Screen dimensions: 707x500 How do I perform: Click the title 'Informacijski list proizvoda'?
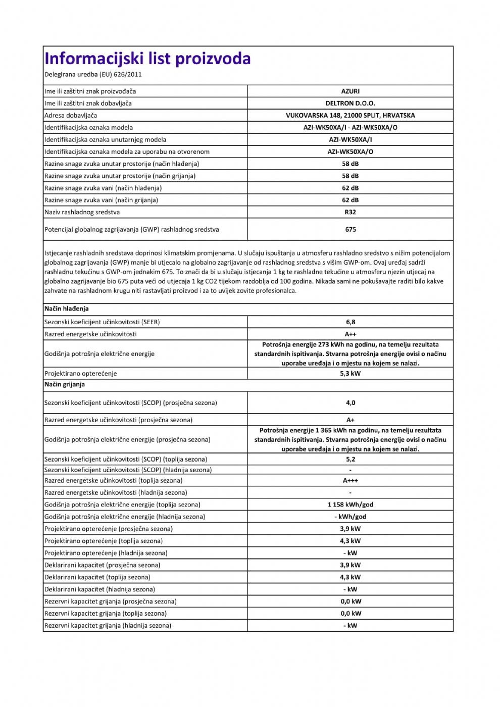[147, 59]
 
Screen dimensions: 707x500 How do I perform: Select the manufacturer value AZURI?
[351, 91]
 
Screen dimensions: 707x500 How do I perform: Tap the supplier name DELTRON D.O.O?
[351, 104]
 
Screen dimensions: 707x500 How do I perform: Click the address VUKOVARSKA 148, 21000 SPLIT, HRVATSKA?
[351, 116]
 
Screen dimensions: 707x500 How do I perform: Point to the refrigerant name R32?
[351, 213]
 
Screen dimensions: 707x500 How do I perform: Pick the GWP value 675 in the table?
[351, 230]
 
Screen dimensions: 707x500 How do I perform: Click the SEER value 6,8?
[351, 322]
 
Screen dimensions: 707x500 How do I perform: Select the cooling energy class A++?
[351, 334]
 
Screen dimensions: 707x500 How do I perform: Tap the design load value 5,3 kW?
[351, 374]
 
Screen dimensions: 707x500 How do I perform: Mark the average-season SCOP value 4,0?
[351, 403]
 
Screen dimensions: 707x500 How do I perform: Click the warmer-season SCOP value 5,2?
[351, 460]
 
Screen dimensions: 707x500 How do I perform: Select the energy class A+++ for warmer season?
[351, 481]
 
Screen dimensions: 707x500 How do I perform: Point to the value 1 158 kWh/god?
[351, 504]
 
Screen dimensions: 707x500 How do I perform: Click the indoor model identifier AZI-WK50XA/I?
[351, 140]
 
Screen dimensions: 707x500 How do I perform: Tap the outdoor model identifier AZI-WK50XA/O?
[351, 152]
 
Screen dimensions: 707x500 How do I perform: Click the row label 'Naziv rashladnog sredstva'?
[82, 213]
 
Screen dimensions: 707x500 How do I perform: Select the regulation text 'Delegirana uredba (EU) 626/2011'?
[93, 75]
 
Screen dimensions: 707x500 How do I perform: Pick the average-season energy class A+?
[351, 420]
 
